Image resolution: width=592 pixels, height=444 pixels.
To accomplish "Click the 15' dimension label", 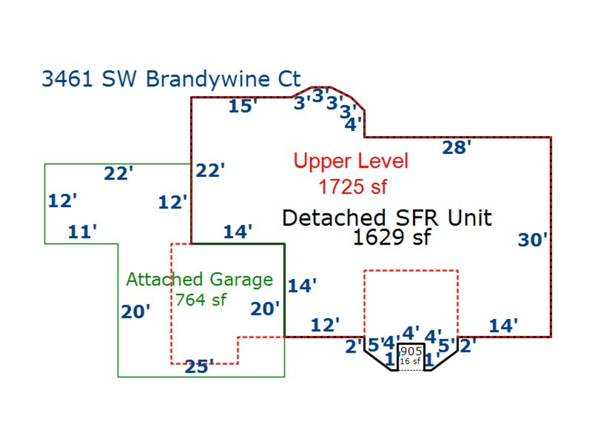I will click(243, 106).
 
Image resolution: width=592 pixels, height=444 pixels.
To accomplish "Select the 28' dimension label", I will click(456, 147).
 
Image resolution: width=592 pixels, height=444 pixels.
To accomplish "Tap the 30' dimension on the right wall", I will click(532, 240).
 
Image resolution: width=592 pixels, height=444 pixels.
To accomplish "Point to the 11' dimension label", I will click(83, 232).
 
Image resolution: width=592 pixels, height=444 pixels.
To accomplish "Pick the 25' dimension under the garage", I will click(199, 366).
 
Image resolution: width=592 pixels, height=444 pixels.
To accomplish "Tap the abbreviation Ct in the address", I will click(288, 79).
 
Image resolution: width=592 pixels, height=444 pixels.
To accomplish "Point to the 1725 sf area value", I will click(353, 187).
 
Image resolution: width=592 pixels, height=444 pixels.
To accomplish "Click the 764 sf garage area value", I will click(201, 299).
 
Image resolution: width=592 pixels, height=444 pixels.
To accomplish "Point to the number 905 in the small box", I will click(411, 351).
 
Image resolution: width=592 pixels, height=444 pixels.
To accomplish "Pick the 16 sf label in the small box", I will click(410, 361).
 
